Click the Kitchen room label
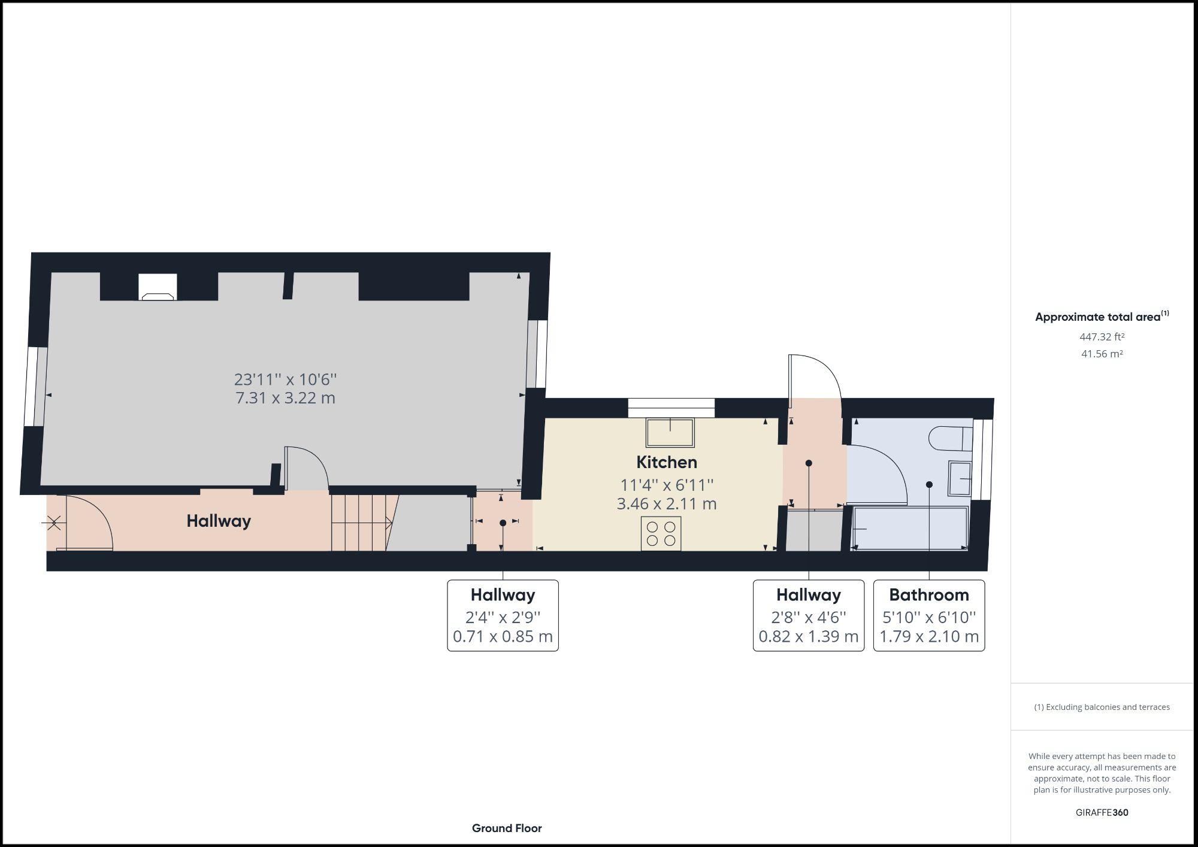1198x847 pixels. click(667, 462)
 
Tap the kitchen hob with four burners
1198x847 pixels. click(661, 533)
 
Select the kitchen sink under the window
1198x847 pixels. click(670, 432)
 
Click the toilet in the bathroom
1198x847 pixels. click(951, 439)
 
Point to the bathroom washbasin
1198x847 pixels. click(960, 478)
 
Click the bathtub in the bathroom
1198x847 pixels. click(910, 529)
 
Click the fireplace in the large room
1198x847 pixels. click(158, 287)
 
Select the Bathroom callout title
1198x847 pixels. click(929, 595)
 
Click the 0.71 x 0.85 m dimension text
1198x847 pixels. click(503, 636)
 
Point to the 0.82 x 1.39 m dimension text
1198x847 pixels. click(809, 636)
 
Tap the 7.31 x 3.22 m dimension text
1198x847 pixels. click(285, 398)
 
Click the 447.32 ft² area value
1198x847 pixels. click(1102, 337)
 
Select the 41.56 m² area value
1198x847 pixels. click(1102, 354)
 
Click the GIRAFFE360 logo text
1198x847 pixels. click(1102, 813)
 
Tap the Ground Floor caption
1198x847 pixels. click(507, 828)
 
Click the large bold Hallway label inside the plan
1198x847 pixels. click(219, 521)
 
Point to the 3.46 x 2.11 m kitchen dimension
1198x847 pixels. click(667, 504)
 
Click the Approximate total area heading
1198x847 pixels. click(1102, 316)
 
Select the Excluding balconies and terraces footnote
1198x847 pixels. click(1102, 707)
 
